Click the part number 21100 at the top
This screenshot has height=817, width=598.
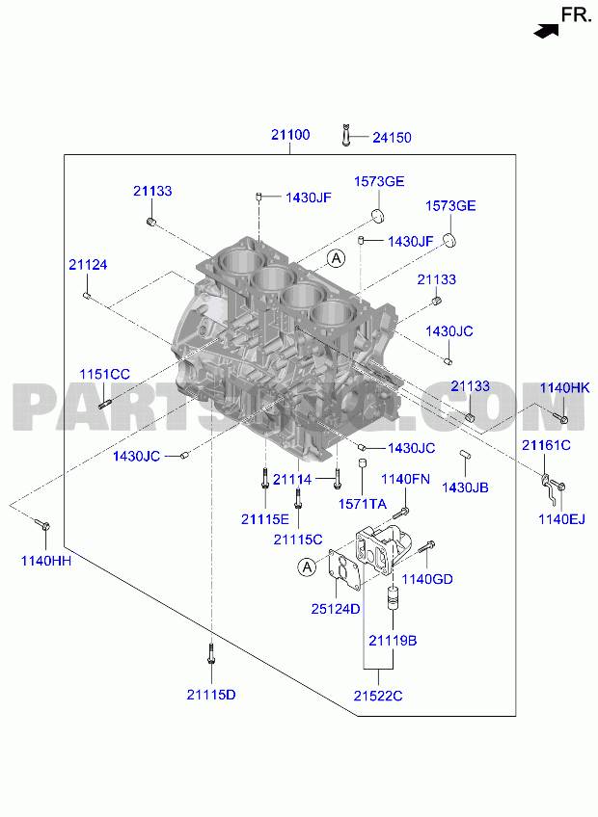tap(290, 135)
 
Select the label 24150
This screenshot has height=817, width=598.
tap(392, 138)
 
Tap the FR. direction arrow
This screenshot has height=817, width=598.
tap(546, 31)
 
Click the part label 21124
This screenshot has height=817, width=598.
tap(88, 265)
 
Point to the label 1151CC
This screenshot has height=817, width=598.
tap(104, 374)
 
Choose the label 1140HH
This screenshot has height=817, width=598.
tap(46, 561)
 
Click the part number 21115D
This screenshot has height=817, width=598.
tap(211, 695)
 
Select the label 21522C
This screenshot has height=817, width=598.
tap(378, 697)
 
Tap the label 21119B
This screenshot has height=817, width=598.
tap(393, 641)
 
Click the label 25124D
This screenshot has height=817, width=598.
tap(336, 609)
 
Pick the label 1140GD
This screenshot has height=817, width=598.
tap(427, 579)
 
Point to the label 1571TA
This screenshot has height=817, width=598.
tap(363, 504)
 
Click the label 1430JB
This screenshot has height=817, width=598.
tap(466, 488)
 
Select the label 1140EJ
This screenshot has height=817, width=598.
tap(561, 519)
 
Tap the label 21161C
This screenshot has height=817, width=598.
tap(546, 445)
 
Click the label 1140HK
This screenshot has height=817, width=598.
tap(564, 387)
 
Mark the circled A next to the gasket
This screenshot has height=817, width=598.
tap(307, 567)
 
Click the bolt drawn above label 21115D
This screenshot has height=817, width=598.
tap(211, 653)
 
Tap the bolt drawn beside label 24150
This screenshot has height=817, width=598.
tap(346, 135)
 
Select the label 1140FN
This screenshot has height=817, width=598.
tap(405, 479)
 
